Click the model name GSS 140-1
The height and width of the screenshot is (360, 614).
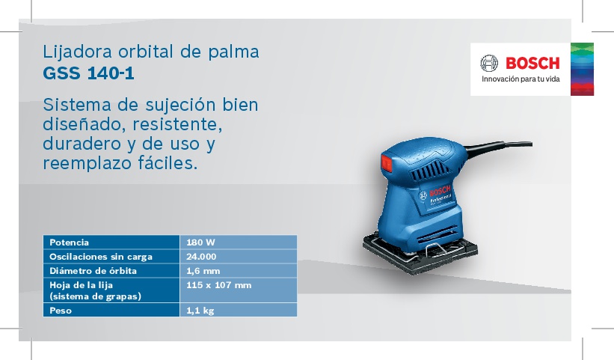pyautogui.click(x=88, y=73)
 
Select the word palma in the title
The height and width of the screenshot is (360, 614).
pyautogui.click(x=233, y=52)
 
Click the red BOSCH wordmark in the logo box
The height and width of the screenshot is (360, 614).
pyautogui.click(x=532, y=64)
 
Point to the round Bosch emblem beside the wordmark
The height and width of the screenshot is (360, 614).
pyautogui.click(x=489, y=63)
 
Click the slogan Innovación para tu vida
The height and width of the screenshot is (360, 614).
pyautogui.click(x=521, y=79)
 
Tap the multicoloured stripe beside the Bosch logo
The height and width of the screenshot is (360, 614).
pyautogui.click(x=582, y=69)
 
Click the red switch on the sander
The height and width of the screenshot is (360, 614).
pyautogui.click(x=387, y=163)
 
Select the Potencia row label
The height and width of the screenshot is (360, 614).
pyautogui.click(x=69, y=242)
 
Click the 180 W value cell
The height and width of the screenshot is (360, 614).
pyautogui.click(x=200, y=242)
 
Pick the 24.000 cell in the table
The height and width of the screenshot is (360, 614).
pyautogui.click(x=201, y=257)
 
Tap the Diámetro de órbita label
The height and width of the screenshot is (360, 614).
pyautogui.click(x=93, y=271)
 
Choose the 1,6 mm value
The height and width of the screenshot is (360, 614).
pyautogui.click(x=203, y=271)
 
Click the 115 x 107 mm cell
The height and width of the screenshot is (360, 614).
pyautogui.click(x=218, y=285)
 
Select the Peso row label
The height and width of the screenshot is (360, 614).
pyautogui.click(x=61, y=311)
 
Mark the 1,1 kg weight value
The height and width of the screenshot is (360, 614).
pyautogui.click(x=200, y=311)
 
